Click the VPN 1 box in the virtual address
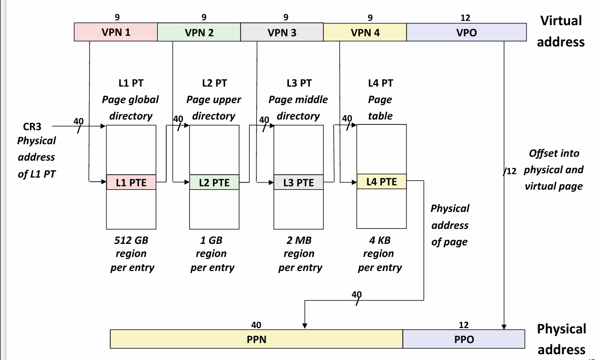tap(116, 32)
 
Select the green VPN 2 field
tap(199, 32)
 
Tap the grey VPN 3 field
tap(282, 32)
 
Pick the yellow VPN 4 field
tap(365, 32)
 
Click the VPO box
tap(466, 32)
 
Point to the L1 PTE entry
tap(131, 182)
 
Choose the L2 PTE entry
tap(214, 182)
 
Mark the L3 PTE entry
tap(298, 182)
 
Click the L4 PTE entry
tap(381, 181)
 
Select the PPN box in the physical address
tap(256, 339)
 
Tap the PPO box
tap(464, 339)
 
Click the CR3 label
tap(32, 127)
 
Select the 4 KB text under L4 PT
tap(379, 240)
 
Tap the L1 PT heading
tap(131, 83)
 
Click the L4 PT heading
tap(380, 83)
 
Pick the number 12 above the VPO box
tap(465, 17)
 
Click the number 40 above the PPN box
tap(256, 325)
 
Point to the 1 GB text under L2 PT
tap(211, 240)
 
